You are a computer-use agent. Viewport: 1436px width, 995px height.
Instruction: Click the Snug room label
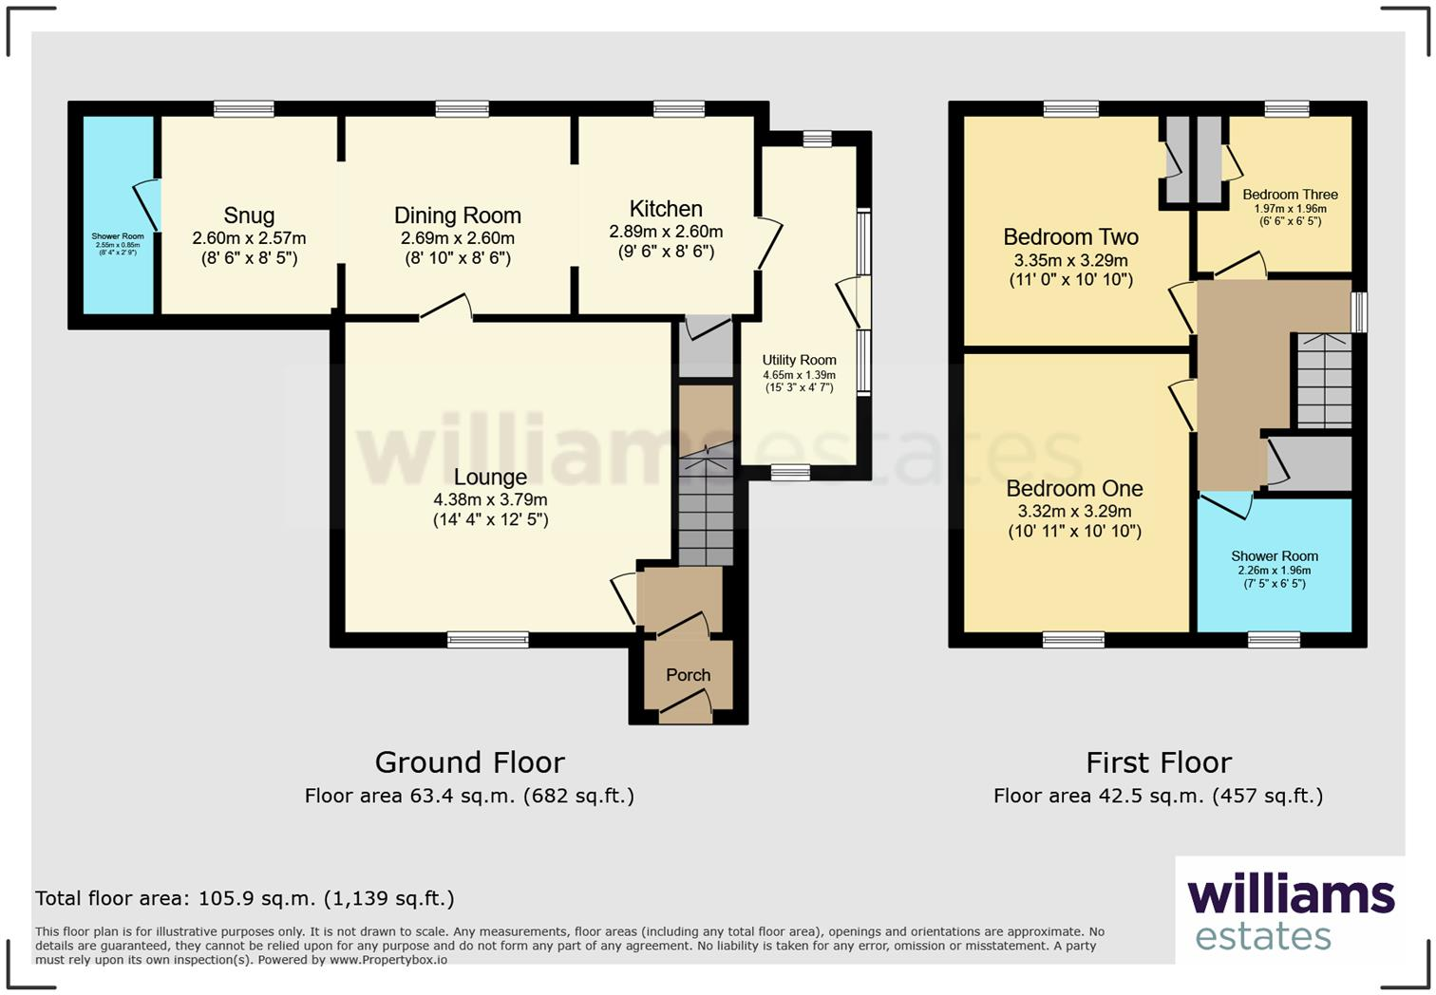click(249, 216)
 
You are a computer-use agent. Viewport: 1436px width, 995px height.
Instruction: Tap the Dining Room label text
click(458, 216)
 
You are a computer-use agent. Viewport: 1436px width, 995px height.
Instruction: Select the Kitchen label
click(666, 209)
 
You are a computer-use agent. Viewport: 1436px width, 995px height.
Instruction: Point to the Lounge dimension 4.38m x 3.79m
click(490, 499)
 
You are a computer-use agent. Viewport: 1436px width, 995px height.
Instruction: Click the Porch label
click(688, 675)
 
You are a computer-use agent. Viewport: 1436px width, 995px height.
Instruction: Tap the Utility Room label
click(799, 361)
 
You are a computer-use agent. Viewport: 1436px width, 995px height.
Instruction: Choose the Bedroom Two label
click(1070, 237)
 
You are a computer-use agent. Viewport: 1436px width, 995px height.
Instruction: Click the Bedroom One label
click(1074, 489)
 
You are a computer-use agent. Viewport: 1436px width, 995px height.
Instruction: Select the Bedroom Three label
click(1290, 195)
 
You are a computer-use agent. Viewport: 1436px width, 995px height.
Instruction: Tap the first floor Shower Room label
click(1274, 556)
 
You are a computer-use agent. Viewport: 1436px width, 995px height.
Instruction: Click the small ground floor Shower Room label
click(118, 236)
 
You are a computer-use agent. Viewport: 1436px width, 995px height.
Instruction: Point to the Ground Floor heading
click(469, 762)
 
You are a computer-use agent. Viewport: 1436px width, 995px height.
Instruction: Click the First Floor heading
click(1158, 762)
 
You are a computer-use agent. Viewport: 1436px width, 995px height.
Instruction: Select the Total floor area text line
click(245, 898)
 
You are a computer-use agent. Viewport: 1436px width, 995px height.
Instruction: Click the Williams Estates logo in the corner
click(1290, 911)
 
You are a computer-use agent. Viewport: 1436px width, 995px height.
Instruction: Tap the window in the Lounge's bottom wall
click(488, 640)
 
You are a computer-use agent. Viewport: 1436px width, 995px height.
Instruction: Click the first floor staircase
click(1324, 382)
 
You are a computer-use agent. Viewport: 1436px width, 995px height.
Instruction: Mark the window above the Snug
click(244, 109)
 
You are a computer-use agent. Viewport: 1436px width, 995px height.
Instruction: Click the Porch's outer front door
click(686, 707)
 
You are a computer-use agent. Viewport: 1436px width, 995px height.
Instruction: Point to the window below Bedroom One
click(1073, 640)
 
